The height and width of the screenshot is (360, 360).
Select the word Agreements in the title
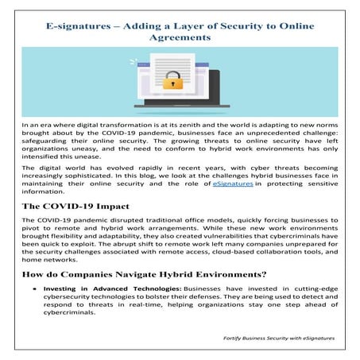tap(180, 37)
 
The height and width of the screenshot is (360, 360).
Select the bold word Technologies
tap(153, 290)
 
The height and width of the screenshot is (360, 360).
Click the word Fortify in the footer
tap(235, 338)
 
